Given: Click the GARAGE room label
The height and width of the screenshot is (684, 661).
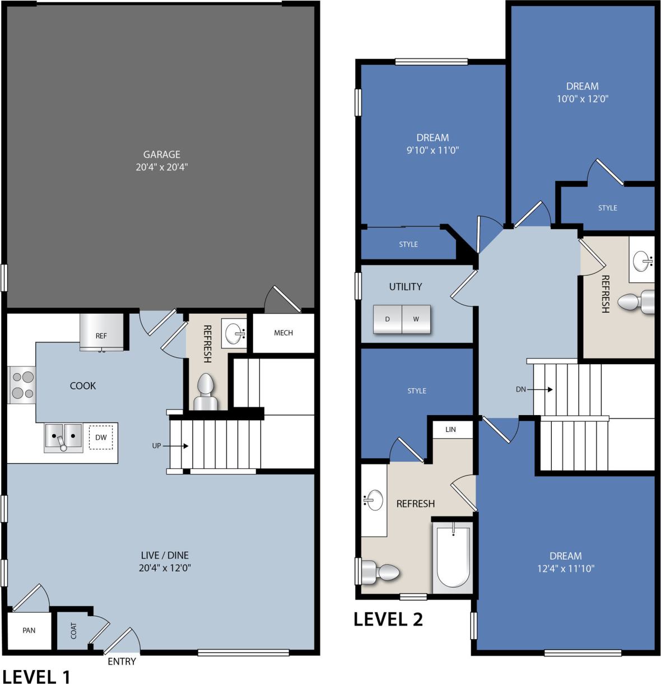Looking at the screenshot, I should pos(161,154).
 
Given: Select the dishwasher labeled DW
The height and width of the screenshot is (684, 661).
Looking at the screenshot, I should pos(101,438).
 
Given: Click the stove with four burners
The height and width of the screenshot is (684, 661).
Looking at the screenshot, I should pos(22,385).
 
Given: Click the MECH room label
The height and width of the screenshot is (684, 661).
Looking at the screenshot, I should pos(283,333).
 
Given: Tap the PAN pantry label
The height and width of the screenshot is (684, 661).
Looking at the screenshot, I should pos(29,630).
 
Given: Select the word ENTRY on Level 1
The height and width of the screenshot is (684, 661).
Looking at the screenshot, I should pos(122,662).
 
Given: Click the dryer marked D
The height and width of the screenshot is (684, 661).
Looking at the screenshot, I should pos(387,319).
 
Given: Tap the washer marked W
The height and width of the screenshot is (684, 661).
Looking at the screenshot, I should pos(416,319).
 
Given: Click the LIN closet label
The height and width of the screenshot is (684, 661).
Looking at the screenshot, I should pos(450,430).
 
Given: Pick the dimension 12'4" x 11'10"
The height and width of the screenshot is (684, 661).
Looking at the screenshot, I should pos(565,569).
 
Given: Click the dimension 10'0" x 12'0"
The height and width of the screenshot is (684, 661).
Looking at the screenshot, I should pos(582,99).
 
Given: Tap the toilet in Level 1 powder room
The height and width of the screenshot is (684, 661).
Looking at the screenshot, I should pos(205,392).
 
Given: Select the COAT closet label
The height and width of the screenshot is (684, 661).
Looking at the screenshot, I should pos(74,631).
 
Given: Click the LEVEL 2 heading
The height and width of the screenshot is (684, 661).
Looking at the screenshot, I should pos(388,619).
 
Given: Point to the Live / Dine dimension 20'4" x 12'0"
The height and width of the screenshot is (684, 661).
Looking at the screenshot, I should pos(164,567).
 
